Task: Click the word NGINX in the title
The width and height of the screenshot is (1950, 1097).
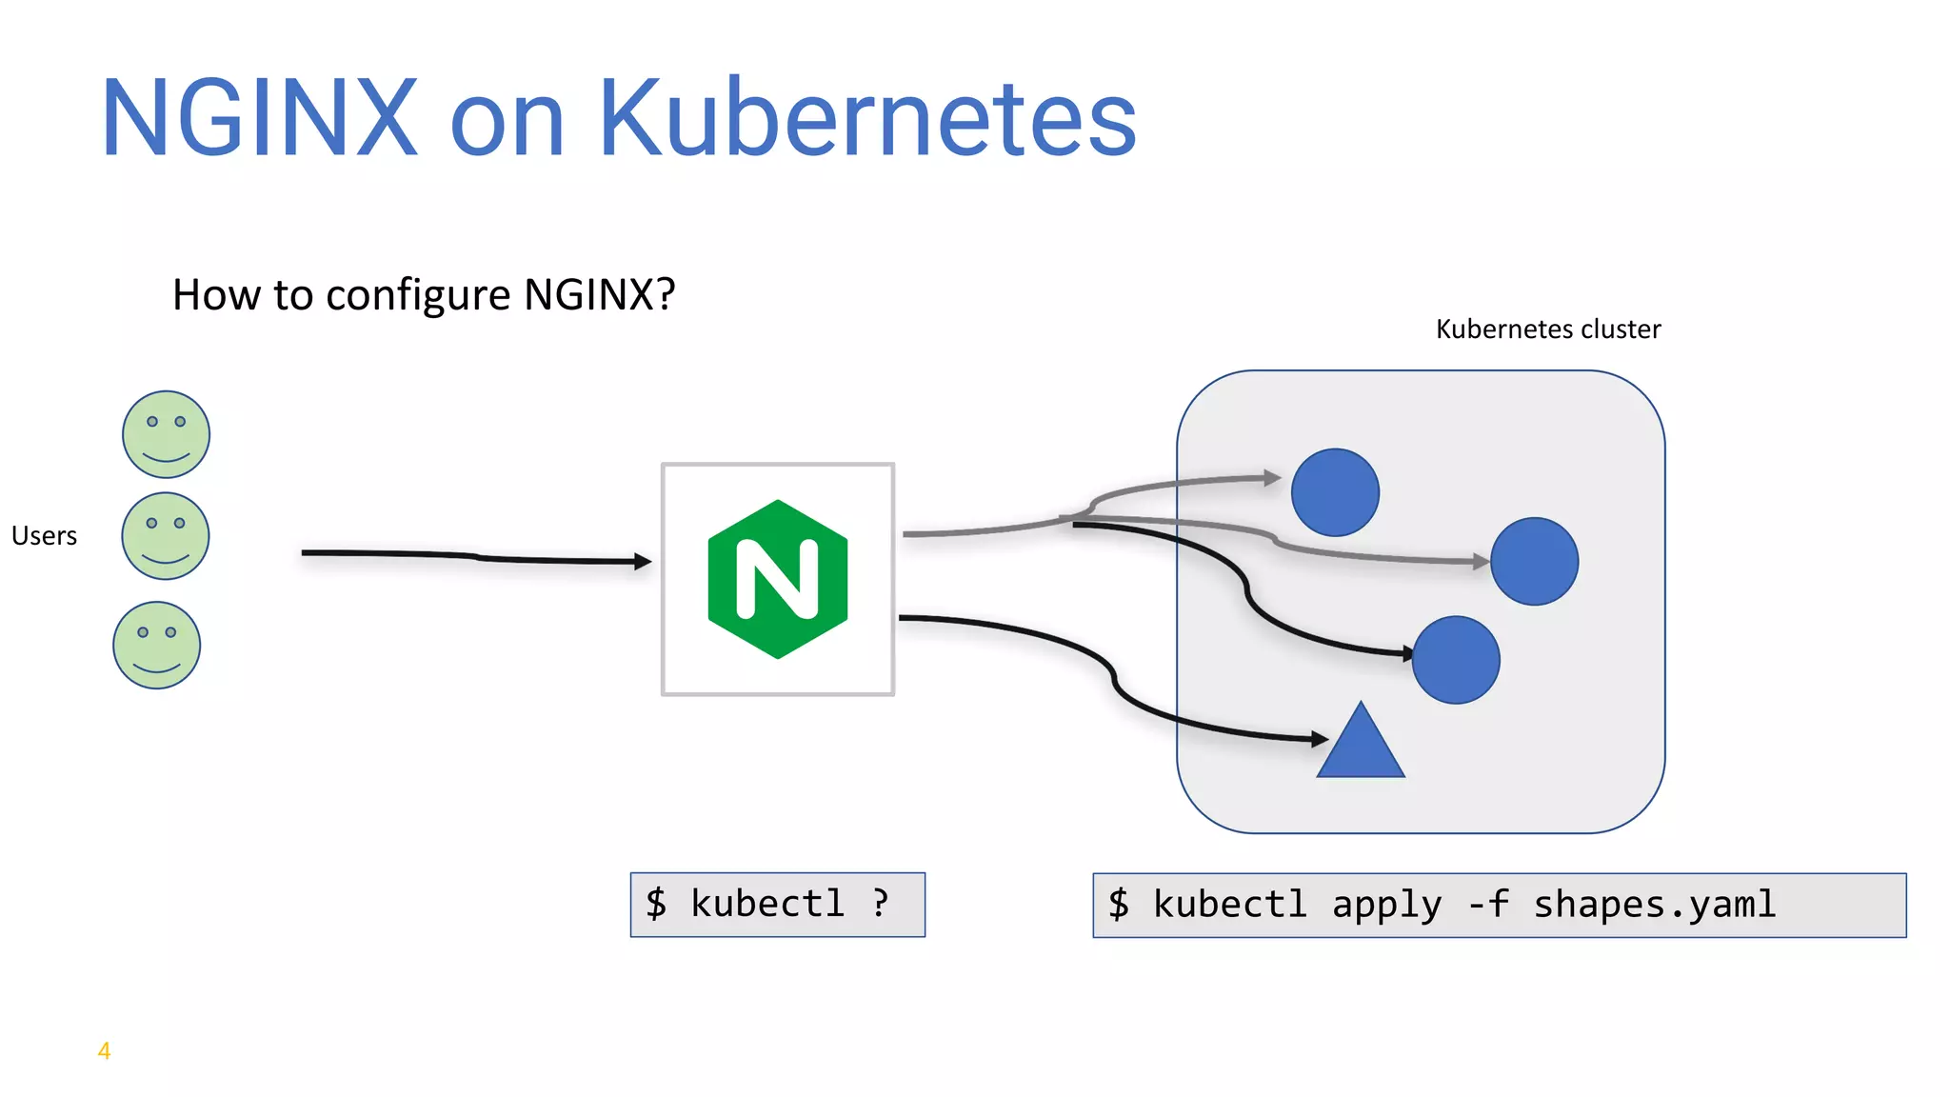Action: click(259, 119)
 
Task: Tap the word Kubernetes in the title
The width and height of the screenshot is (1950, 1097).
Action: click(867, 119)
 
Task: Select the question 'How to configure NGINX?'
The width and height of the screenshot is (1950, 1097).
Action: click(424, 295)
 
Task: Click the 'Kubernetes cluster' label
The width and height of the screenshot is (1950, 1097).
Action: click(1547, 329)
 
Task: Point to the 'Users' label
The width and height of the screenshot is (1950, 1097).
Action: click(44, 536)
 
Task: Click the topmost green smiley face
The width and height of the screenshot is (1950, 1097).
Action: click(166, 434)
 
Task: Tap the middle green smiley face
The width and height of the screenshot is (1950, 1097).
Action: click(166, 536)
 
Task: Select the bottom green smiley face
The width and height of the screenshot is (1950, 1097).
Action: click(157, 646)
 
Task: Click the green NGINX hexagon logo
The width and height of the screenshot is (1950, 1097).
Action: click(778, 579)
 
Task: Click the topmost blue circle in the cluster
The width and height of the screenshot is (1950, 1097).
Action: click(1335, 492)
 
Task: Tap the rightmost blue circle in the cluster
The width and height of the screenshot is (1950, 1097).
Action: click(1534, 562)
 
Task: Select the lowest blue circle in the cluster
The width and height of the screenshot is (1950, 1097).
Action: click(1456, 660)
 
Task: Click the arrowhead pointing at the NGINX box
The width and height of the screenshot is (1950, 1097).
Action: click(644, 562)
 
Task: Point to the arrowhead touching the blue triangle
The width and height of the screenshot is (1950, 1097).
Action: click(1320, 738)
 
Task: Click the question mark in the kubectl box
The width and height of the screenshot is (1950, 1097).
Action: click(881, 902)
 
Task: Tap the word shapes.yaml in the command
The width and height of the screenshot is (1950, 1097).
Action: click(1654, 905)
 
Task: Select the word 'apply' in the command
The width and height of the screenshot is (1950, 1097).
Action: click(1386, 905)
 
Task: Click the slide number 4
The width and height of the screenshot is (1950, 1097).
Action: click(105, 1051)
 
